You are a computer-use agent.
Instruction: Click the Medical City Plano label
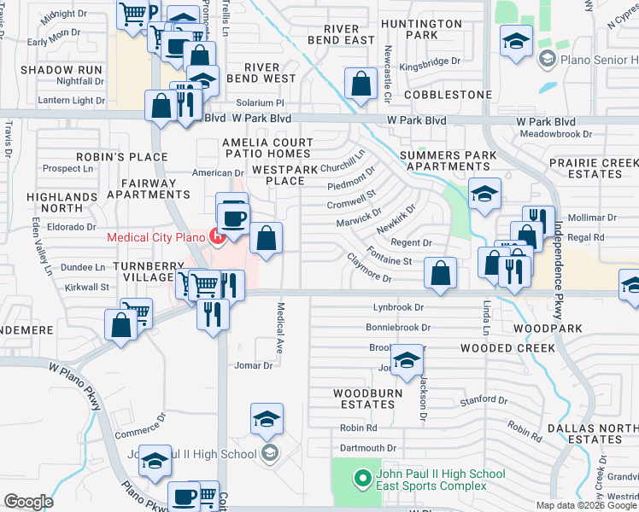tap(156, 236)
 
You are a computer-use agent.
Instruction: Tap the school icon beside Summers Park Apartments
tap(484, 196)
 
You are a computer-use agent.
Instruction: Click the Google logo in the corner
tap(29, 502)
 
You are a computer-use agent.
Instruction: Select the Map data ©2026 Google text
tap(586, 505)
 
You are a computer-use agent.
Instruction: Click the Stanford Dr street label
tap(484, 399)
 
